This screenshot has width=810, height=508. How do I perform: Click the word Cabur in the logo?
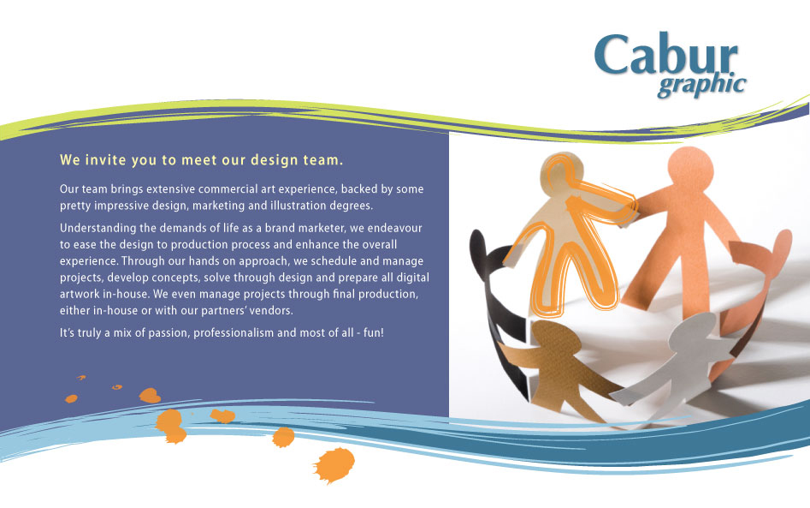click(x=665, y=55)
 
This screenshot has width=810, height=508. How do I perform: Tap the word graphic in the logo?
click(x=702, y=86)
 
